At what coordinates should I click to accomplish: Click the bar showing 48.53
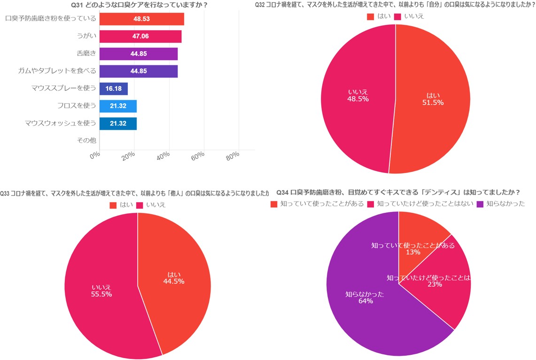click(141, 19)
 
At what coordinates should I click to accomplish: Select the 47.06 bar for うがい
click(140, 37)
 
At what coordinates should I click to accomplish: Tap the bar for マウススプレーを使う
click(113, 88)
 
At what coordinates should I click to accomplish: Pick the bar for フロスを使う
click(118, 106)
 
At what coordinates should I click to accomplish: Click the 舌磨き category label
click(86, 54)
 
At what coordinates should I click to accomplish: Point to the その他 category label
click(86, 140)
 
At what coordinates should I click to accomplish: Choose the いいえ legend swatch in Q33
click(140, 205)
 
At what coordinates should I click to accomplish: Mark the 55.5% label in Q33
click(101, 294)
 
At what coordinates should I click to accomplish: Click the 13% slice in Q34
click(418, 235)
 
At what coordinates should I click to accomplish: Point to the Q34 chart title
click(398, 192)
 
